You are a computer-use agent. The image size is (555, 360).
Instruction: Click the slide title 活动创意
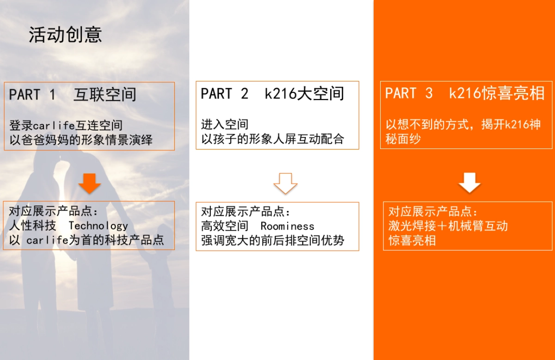(x=65, y=35)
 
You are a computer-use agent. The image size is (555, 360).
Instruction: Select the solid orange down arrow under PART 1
(x=90, y=183)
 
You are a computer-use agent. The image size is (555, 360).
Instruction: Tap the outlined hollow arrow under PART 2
(x=285, y=183)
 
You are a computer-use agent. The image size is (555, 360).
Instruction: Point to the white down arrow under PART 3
(x=469, y=183)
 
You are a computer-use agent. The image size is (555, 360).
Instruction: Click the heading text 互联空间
(x=105, y=94)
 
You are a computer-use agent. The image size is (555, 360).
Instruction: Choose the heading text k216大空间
(x=304, y=93)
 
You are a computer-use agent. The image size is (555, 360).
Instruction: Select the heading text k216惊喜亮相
(x=497, y=93)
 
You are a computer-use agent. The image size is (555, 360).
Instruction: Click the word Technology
(x=98, y=226)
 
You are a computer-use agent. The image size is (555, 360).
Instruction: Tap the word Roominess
(x=287, y=226)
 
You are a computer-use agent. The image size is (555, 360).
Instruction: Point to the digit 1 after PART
(x=52, y=94)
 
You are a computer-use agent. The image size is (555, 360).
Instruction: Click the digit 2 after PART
(x=244, y=93)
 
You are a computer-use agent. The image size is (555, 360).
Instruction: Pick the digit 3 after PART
(x=429, y=93)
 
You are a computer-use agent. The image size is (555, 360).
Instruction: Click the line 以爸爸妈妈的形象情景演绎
(x=81, y=140)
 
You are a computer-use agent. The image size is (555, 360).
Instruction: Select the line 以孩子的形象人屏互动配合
(x=272, y=139)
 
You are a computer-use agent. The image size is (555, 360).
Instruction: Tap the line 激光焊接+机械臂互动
(x=448, y=226)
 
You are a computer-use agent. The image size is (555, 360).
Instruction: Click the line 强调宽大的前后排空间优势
(x=272, y=241)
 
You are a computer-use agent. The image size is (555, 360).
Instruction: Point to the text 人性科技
(x=33, y=226)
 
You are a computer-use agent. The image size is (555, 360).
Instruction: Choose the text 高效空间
(x=225, y=226)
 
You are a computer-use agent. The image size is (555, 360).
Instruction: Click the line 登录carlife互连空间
(x=66, y=125)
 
